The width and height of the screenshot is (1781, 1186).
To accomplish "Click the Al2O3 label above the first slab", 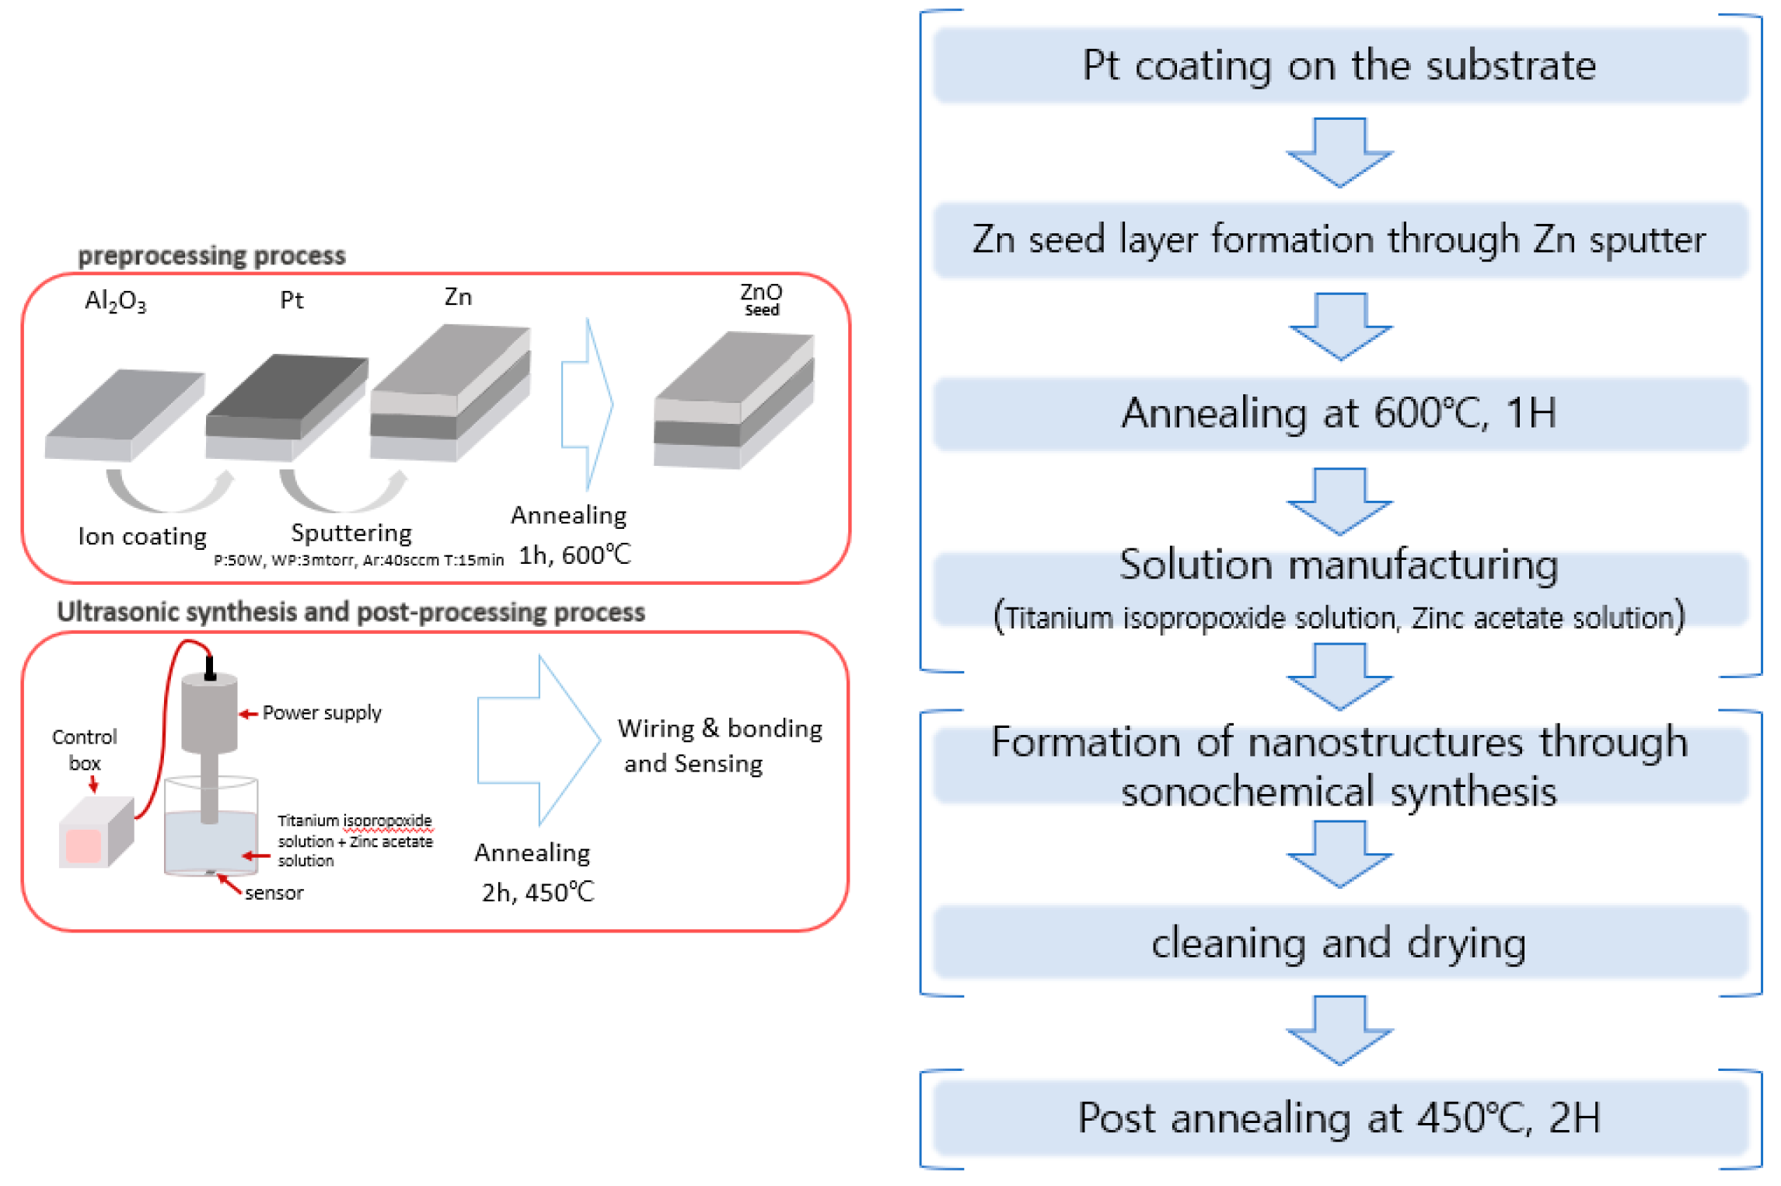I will point(115,301).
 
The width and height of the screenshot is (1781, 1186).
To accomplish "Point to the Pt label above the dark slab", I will point(292,300).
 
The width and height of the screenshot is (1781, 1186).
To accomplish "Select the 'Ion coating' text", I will point(142,536).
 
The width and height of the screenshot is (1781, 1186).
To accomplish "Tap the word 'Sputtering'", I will point(351,533).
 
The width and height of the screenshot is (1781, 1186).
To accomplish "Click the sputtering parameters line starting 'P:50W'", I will point(358,560).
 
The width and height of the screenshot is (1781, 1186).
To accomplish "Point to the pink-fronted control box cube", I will point(95,833).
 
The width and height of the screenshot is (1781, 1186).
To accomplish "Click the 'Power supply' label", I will point(322,712).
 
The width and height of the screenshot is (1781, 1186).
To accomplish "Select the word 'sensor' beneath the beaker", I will point(274,893).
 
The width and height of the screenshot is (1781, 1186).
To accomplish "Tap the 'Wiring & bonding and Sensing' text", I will point(719,745).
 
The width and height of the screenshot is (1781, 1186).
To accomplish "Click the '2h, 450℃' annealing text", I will point(538,892).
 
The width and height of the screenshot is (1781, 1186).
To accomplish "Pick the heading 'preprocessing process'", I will point(211,255).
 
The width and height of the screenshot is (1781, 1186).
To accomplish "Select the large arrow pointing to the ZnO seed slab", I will point(588,404).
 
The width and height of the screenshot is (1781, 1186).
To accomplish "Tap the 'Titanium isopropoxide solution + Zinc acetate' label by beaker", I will point(355,841).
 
